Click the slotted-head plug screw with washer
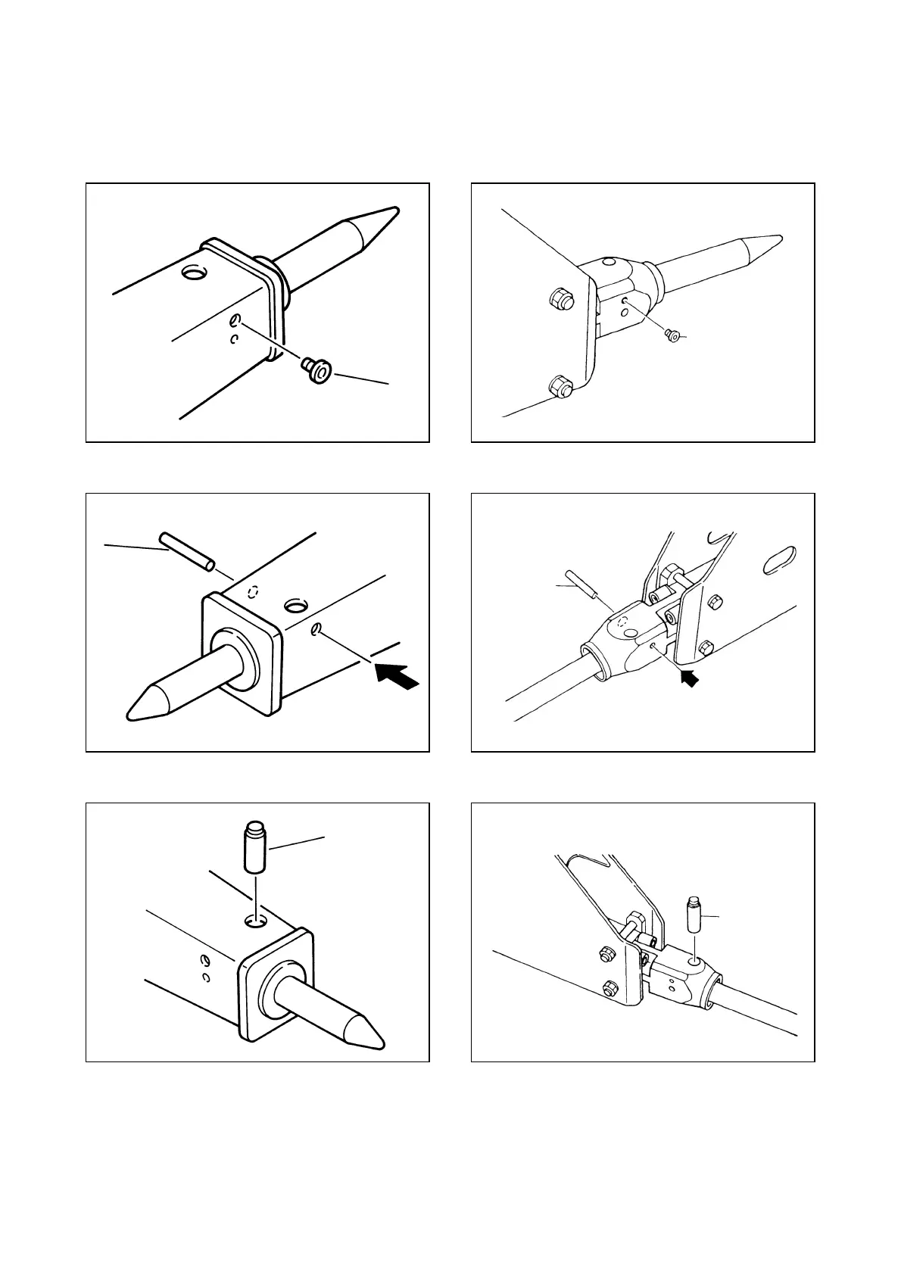coord(316,370)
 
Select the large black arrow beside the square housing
coord(397,674)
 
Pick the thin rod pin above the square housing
coord(186,551)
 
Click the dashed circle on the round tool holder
coord(623,622)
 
